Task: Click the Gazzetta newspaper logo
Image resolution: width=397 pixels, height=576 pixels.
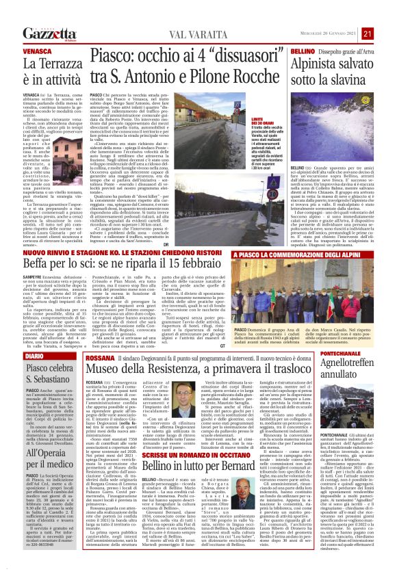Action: tap(49, 34)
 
